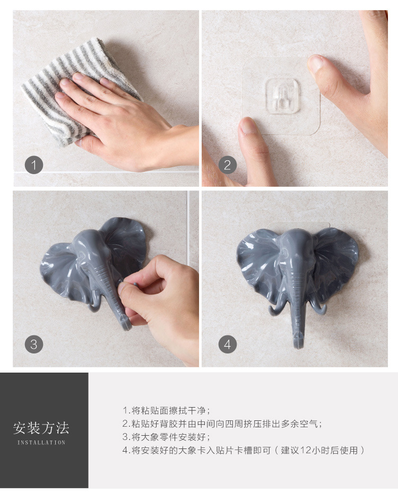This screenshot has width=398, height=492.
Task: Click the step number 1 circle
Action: (34, 165)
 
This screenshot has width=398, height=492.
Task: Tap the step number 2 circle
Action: (227, 165)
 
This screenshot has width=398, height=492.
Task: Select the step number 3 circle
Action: (34, 344)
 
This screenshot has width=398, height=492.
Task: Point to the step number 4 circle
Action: (227, 344)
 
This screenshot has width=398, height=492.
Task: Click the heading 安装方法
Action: (41, 428)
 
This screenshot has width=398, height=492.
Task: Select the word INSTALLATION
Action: (41, 443)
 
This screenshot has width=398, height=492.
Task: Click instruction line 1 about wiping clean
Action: (167, 410)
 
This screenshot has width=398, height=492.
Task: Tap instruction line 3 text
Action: (167, 437)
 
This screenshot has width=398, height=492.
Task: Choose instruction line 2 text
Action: (222, 424)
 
